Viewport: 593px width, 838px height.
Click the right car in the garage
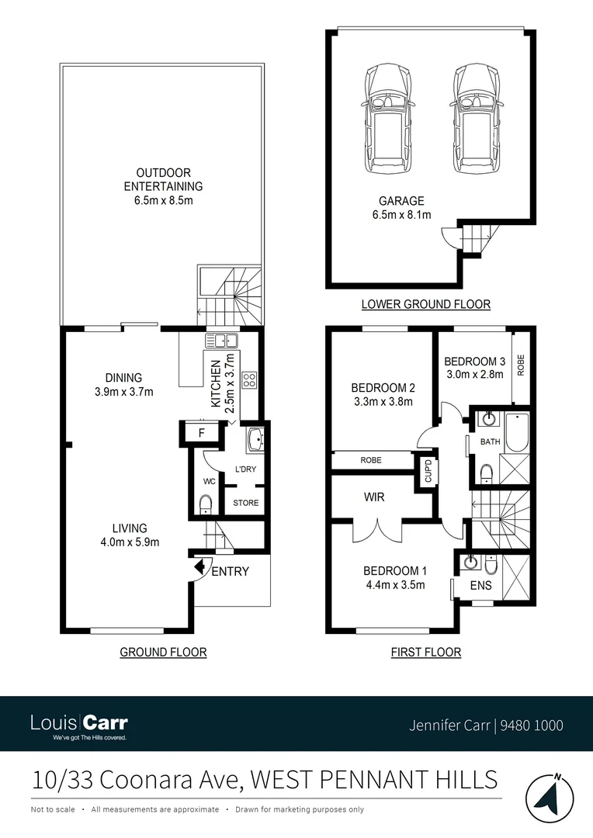coord(474,120)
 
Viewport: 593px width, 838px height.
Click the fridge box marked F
coord(201,433)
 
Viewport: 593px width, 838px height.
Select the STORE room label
coord(246,503)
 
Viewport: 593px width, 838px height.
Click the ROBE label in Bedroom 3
coord(521,366)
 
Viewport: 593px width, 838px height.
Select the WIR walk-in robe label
coord(374,497)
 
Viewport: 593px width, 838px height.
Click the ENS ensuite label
coord(481,586)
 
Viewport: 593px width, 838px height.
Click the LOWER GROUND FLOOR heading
coord(426,304)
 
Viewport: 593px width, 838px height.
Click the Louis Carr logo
coord(79,725)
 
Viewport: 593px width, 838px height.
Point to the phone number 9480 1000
coord(532,725)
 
